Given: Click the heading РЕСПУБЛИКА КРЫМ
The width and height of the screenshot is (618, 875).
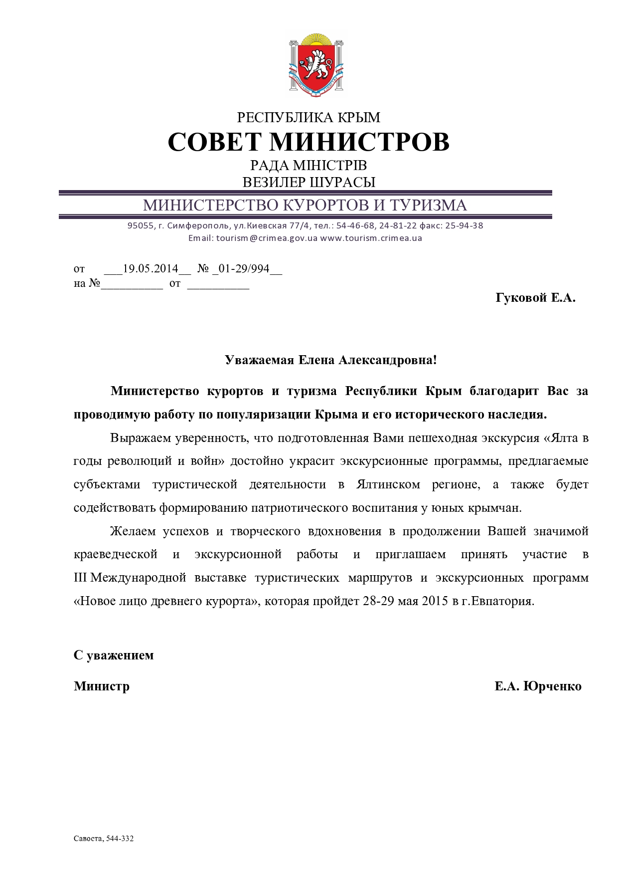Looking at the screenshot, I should pos(309,118).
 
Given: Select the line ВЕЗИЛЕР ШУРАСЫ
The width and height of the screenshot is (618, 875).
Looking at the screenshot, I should pos(309,182).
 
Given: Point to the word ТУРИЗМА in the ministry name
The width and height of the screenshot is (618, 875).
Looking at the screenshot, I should pos(428,205).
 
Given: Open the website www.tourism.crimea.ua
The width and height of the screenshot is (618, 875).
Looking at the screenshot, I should pos(371,238).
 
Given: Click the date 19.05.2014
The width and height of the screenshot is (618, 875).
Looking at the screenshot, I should pos(151,269).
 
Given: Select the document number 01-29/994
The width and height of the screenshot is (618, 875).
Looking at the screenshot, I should pos(244,269).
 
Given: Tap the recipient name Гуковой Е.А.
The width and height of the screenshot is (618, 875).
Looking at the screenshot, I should pos(535,298).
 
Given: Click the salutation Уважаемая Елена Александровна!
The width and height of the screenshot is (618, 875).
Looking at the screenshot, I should pos(330,360).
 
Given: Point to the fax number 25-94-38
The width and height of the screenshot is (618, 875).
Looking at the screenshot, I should pos(464,225).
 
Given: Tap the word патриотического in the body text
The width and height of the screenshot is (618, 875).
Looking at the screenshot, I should pos(300,508).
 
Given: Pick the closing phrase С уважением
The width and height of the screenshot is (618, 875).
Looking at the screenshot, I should pos(114,655).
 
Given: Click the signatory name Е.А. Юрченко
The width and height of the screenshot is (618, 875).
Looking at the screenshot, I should pos(538,686).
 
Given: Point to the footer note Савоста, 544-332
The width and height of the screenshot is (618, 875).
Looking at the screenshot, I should pos(104,839).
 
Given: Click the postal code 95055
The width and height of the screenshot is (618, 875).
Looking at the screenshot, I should pos(141,225).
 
